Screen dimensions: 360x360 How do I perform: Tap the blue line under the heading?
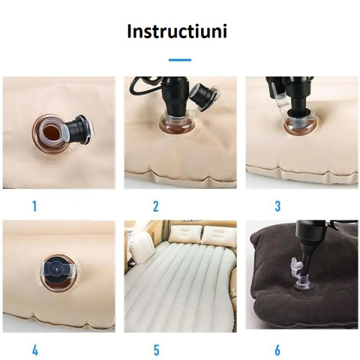pos(179,59)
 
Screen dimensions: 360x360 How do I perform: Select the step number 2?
pos(155,206)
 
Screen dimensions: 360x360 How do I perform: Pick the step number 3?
pos(277,206)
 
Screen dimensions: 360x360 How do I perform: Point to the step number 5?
pos(155,349)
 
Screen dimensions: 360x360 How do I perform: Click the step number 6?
pos(277,349)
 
